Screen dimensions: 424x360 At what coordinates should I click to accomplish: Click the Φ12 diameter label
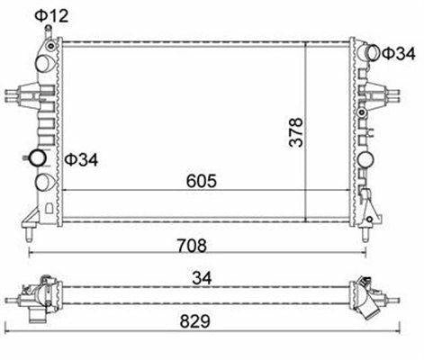click(x=51, y=16)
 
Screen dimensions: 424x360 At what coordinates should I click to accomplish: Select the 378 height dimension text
click(x=296, y=132)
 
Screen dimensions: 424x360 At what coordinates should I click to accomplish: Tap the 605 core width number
click(x=202, y=181)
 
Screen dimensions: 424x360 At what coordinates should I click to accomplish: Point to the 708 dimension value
click(x=192, y=246)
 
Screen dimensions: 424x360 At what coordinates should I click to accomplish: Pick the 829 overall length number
click(x=195, y=321)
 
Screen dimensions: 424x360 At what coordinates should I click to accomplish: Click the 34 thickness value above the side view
click(x=202, y=278)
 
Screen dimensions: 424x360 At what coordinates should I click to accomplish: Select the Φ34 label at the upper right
click(x=399, y=54)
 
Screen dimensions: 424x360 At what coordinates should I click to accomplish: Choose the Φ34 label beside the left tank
click(x=81, y=160)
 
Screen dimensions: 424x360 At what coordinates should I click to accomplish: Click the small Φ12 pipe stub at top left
click(x=48, y=31)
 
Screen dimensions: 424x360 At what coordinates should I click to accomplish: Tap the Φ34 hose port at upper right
click(x=374, y=53)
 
